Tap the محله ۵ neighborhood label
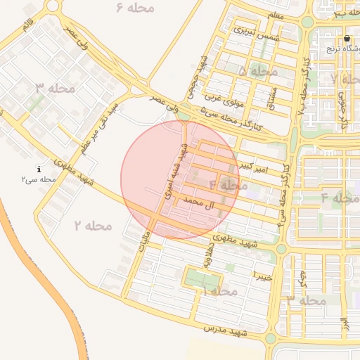(258, 71)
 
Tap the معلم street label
(276, 15)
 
